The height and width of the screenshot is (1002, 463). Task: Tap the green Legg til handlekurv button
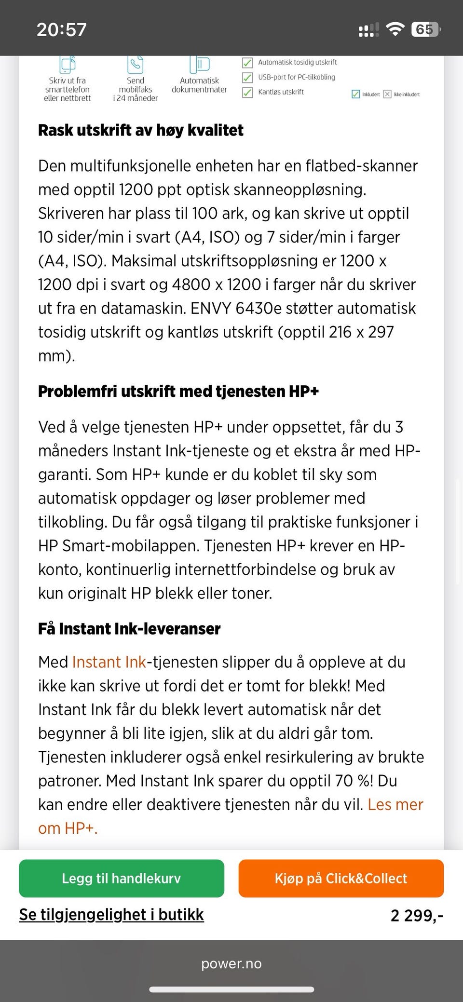coord(122,878)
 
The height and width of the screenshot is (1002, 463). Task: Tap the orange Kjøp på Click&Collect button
coord(341,878)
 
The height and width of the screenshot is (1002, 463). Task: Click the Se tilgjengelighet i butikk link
coord(111,914)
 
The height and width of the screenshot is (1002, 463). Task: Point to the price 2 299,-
coord(416,915)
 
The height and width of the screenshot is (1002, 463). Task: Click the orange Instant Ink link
coord(109,662)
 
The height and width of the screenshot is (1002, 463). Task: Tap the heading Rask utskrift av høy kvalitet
coord(141,130)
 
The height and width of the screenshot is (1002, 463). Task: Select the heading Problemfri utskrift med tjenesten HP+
coord(178,391)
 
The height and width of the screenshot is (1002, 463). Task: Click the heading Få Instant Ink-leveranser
coord(129,629)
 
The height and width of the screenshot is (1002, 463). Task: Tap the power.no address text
coord(231,963)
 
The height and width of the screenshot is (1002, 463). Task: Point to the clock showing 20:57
coord(62,29)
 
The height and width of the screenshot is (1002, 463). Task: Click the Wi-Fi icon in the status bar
coord(395,29)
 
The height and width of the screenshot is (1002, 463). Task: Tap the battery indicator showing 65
coord(425,29)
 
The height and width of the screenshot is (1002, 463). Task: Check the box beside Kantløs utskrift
coord(247,92)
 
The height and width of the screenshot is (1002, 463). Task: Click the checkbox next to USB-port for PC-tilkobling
coord(247,77)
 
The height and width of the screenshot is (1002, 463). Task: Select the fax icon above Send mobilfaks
coord(136,64)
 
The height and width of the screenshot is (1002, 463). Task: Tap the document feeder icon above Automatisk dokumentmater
coord(199,64)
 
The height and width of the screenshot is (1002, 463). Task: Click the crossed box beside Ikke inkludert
coord(387,94)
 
